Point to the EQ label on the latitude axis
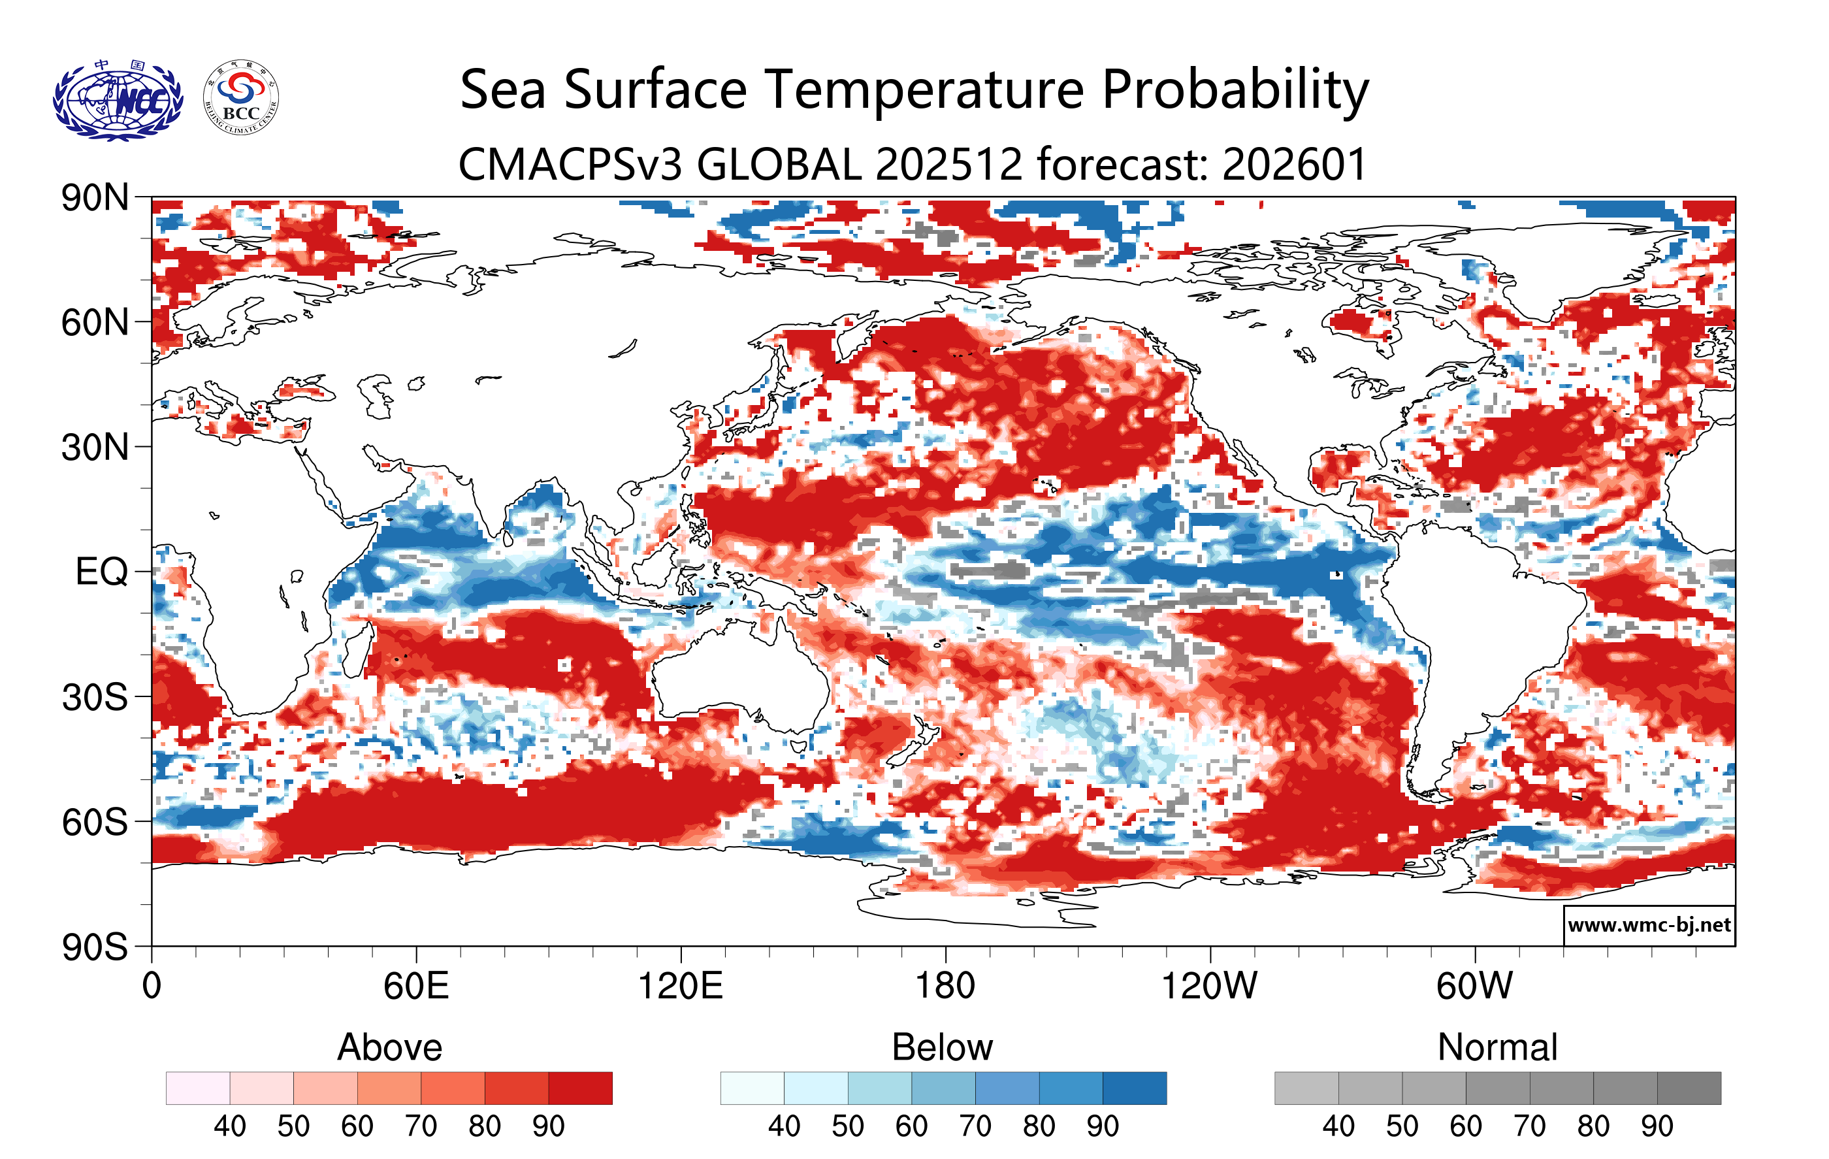(101, 572)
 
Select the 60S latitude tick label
(95, 822)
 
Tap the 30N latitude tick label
(95, 448)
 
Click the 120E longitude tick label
(680, 987)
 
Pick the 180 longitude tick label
(945, 987)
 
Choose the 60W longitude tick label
(1474, 987)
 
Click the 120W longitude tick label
(1209, 987)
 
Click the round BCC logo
(241, 98)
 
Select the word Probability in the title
(1235, 90)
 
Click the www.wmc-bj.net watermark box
(1649, 925)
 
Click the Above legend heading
(390, 1047)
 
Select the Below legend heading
(942, 1047)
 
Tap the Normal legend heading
(1497, 1047)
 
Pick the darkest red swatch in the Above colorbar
(580, 1088)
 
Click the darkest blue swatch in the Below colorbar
(1134, 1088)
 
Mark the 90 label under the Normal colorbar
(1657, 1126)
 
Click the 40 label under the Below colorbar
(784, 1126)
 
